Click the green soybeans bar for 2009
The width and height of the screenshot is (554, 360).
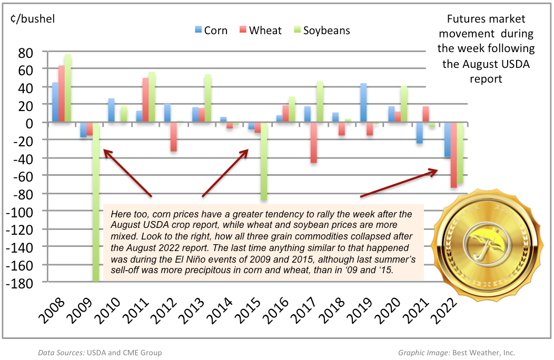95,202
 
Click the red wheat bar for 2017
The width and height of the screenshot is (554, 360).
313,143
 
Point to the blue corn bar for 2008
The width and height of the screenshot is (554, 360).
55,102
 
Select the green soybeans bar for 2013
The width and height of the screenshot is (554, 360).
207,98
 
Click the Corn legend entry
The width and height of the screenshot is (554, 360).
210,30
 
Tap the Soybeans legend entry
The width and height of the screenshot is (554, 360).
321,30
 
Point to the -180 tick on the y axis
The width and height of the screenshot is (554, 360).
20,283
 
